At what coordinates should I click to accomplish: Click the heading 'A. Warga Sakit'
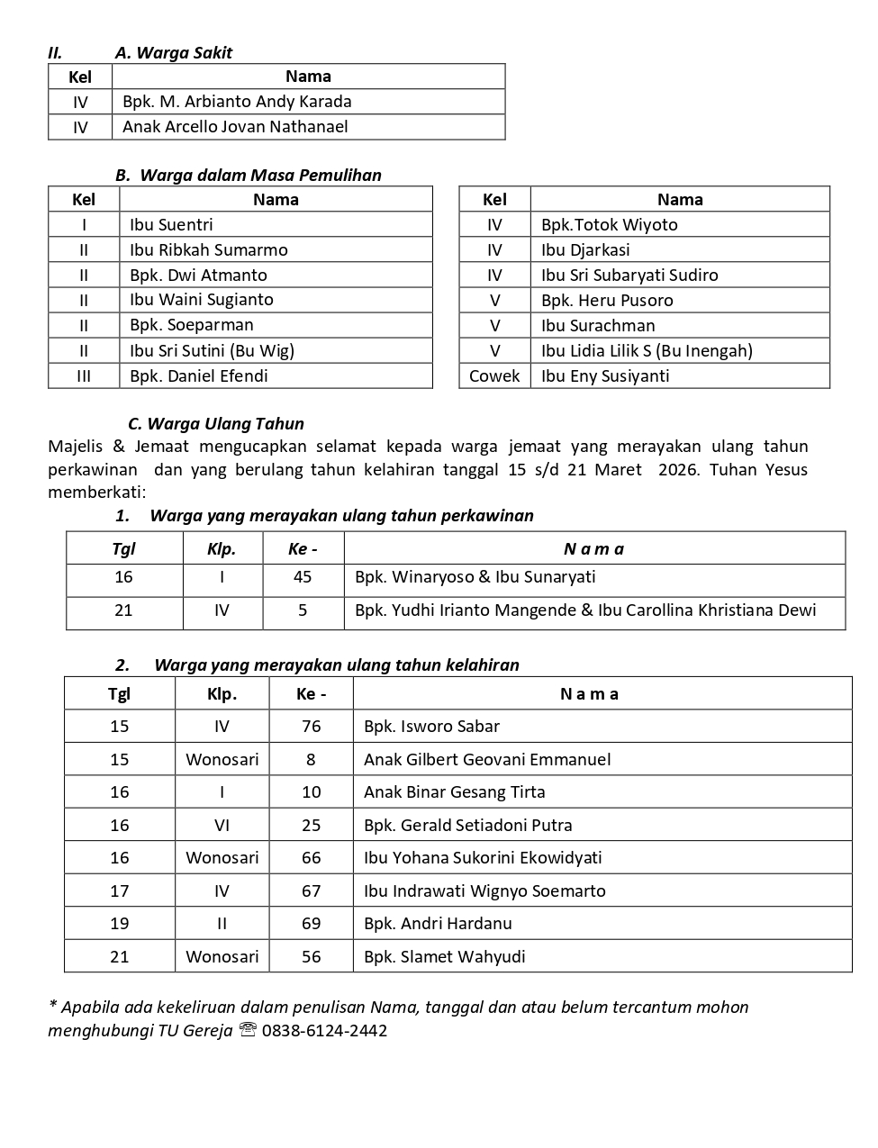pyautogui.click(x=173, y=52)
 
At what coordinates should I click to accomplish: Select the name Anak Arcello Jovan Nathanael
pyautogui.click(x=235, y=127)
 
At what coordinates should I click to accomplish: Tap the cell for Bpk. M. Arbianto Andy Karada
pyautogui.click(x=237, y=102)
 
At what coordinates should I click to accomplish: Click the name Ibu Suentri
pyautogui.click(x=171, y=224)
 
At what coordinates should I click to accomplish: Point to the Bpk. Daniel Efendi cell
pyautogui.click(x=198, y=375)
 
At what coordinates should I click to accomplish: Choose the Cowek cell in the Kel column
pyautogui.click(x=494, y=375)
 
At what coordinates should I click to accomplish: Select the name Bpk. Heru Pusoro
pyautogui.click(x=607, y=300)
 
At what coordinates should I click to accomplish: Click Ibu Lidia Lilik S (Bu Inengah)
pyautogui.click(x=647, y=350)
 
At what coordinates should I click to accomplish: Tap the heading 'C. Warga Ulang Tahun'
pyautogui.click(x=216, y=423)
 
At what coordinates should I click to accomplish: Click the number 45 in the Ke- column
pyautogui.click(x=303, y=577)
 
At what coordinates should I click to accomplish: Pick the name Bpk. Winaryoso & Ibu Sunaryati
pyautogui.click(x=475, y=577)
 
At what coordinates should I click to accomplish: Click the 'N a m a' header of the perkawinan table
pyautogui.click(x=593, y=548)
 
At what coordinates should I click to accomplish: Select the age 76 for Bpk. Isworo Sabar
pyautogui.click(x=311, y=726)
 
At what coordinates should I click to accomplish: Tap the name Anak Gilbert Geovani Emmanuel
pyautogui.click(x=487, y=759)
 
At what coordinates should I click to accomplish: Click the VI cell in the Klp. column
pyautogui.click(x=222, y=825)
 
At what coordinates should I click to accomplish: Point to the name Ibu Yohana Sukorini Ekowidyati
pyautogui.click(x=483, y=857)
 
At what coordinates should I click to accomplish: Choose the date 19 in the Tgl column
pyautogui.click(x=120, y=923)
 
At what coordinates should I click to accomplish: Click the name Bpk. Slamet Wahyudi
pyautogui.click(x=444, y=956)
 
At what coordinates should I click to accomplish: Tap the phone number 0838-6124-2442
pyautogui.click(x=324, y=1030)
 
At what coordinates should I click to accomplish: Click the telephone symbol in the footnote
pyautogui.click(x=248, y=1030)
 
